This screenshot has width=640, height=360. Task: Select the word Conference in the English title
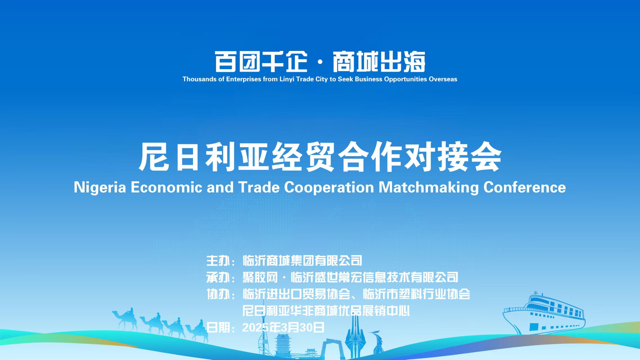(x=524, y=187)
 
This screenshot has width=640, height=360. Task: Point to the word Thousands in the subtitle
(x=199, y=79)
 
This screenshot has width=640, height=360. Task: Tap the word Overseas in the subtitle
(x=443, y=79)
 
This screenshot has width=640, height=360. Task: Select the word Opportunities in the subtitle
(x=405, y=79)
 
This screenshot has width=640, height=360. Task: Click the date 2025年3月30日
(x=283, y=327)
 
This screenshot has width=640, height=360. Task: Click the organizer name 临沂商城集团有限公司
(x=302, y=261)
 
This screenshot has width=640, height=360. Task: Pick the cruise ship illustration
(x=544, y=314)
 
